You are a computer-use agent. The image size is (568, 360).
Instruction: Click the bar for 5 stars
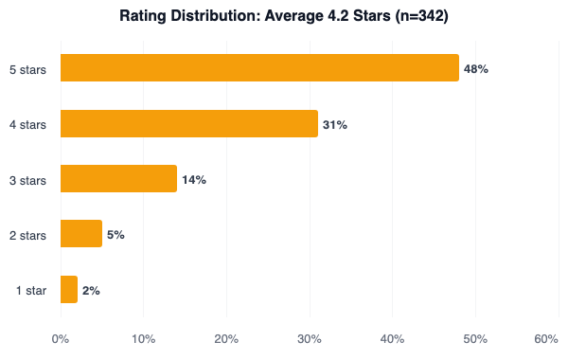(x=258, y=68)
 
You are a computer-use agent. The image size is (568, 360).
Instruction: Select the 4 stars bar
(x=188, y=123)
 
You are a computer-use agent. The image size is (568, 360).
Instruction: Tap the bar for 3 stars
(x=118, y=179)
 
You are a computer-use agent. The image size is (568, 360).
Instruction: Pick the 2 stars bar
(x=80, y=234)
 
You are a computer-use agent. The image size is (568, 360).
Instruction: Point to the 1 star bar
(x=68, y=289)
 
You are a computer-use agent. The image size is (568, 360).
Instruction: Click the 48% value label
(x=475, y=69)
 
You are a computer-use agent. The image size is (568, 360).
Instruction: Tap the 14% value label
(x=194, y=179)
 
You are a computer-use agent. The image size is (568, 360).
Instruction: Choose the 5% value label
(x=115, y=234)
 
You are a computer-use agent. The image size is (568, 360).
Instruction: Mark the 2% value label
(x=91, y=290)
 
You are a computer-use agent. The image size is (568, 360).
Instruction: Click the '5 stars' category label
(x=27, y=69)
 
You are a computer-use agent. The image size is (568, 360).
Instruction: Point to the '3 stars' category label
(x=27, y=179)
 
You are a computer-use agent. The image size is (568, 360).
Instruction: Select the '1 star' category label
(x=30, y=290)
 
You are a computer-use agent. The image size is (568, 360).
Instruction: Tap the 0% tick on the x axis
(x=60, y=339)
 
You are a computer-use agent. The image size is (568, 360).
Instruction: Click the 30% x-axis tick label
(x=310, y=339)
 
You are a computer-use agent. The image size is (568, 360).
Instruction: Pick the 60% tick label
(x=546, y=339)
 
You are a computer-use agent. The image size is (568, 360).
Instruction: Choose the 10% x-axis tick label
(x=143, y=339)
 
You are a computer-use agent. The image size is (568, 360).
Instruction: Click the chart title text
(x=283, y=16)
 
